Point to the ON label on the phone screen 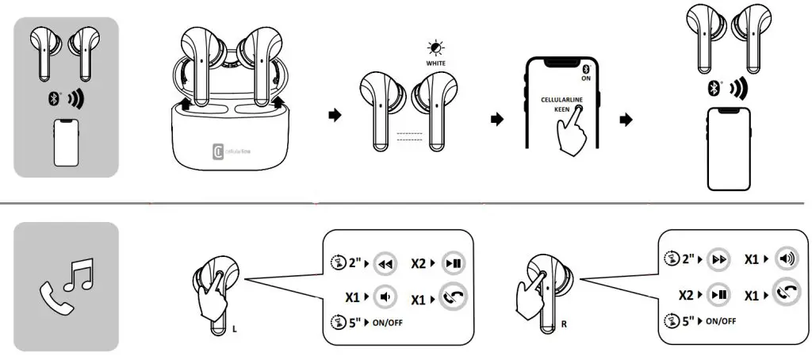pyautogui.click(x=586, y=79)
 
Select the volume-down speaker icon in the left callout pyautogui.click(x=385, y=297)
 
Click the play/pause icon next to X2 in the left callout pyautogui.click(x=454, y=264)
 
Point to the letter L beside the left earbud pyautogui.click(x=234, y=325)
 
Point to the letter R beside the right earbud pyautogui.click(x=564, y=324)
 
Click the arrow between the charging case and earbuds pyautogui.click(x=334, y=116)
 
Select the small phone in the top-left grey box pyautogui.click(x=66, y=143)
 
